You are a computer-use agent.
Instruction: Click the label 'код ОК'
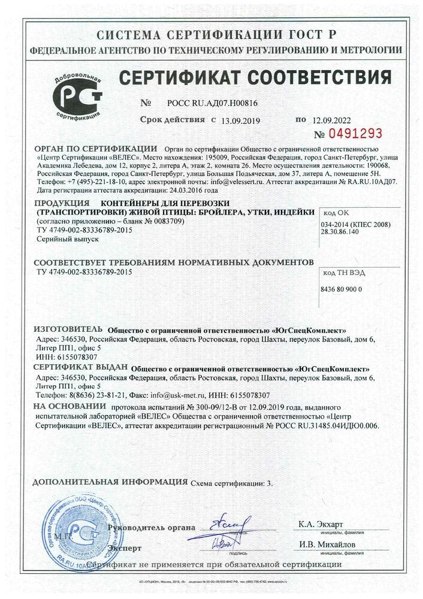335,211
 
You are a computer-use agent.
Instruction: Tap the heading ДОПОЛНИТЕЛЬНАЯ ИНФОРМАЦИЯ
110,482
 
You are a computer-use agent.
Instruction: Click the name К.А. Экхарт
321,524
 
